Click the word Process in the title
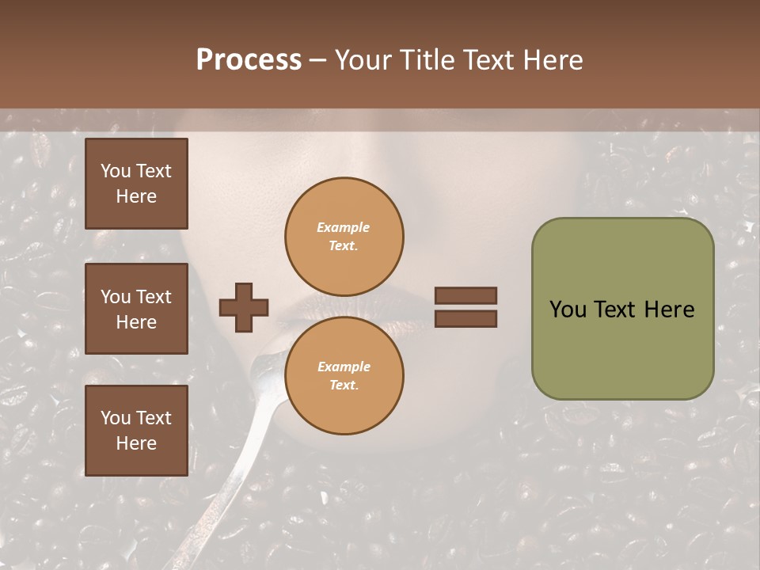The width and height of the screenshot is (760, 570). pyautogui.click(x=249, y=60)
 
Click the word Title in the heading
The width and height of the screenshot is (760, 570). pyautogui.click(x=426, y=60)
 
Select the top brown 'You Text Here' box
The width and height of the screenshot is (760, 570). pyautogui.click(x=136, y=184)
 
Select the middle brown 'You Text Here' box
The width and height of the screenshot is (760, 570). pyautogui.click(x=136, y=309)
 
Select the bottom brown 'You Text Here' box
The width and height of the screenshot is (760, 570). pyautogui.click(x=136, y=431)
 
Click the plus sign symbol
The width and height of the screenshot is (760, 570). pyautogui.click(x=244, y=307)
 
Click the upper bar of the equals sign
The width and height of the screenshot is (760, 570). pyautogui.click(x=465, y=296)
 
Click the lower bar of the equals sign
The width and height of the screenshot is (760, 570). pyautogui.click(x=465, y=319)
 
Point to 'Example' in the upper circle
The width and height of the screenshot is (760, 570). pyautogui.click(x=343, y=227)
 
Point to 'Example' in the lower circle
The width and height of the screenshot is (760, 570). pyautogui.click(x=344, y=367)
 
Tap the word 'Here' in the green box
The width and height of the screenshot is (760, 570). pyautogui.click(x=669, y=310)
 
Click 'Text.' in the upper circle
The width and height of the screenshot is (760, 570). pyautogui.click(x=344, y=245)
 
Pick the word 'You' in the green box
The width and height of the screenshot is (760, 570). pyautogui.click(x=568, y=310)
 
